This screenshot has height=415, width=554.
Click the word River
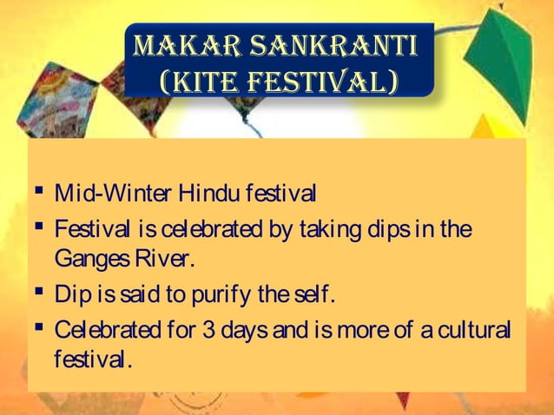[162, 260]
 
